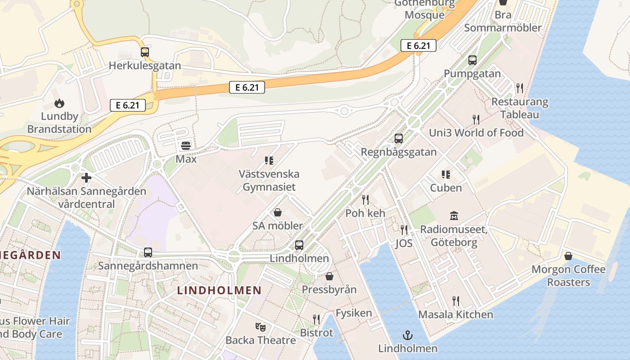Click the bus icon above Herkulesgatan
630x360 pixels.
[144, 52]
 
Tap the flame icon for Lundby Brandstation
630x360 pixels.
[59, 103]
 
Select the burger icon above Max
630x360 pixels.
[186, 145]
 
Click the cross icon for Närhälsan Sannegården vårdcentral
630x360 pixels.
[86, 178]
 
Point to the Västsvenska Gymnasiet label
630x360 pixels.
[269, 180]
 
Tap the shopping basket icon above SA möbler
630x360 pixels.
[278, 212]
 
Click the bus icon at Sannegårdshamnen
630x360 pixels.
[148, 252]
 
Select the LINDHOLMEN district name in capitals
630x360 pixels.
[219, 290]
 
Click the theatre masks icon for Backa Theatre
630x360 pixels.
[261, 327]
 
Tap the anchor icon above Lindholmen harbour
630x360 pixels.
[407, 335]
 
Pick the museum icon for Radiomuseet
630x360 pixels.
[454, 216]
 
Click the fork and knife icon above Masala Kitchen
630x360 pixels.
[456, 301]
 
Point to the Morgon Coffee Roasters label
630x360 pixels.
[568, 276]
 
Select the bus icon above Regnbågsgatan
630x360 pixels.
[399, 139]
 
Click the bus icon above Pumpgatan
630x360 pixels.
[472, 60]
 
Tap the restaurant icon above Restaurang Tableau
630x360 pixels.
[520, 88]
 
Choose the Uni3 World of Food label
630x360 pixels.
[476, 133]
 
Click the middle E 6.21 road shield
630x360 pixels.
[247, 87]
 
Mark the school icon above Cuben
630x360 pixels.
[446, 175]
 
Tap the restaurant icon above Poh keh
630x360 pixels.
[365, 199]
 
